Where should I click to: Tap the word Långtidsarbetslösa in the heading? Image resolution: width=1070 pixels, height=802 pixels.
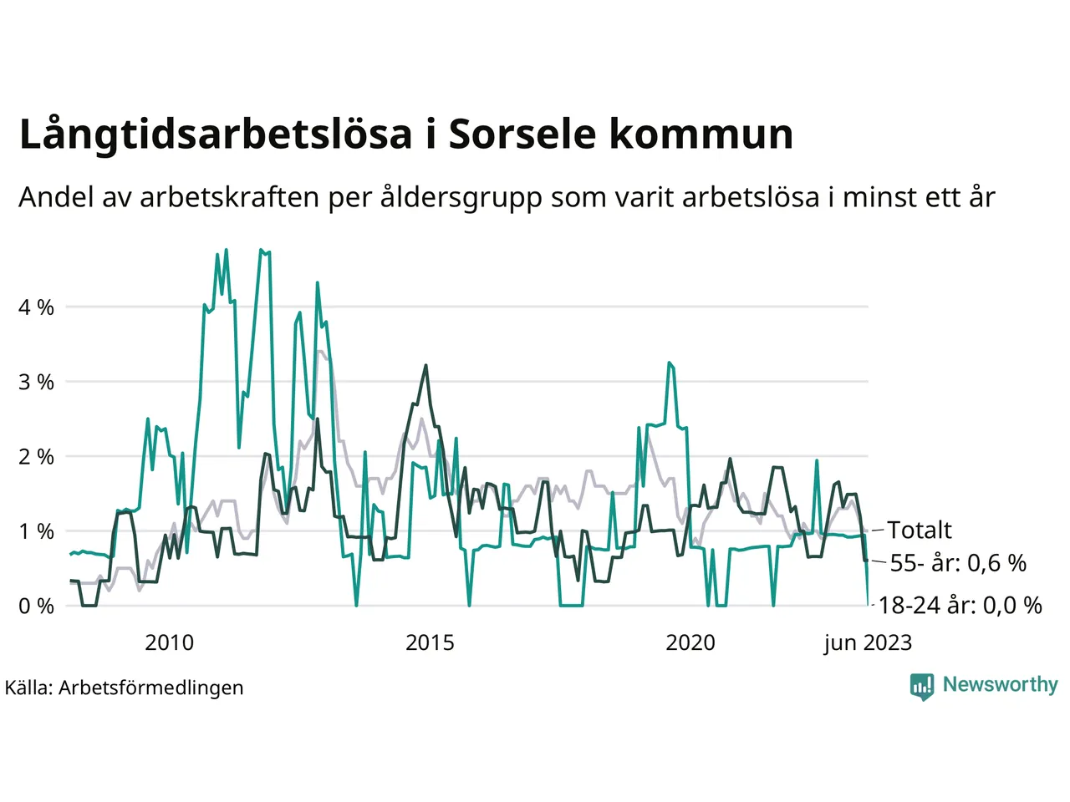pos(216,135)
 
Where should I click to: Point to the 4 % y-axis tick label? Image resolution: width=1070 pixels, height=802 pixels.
pos(36,307)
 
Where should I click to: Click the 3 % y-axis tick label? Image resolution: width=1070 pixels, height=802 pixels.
pos(36,382)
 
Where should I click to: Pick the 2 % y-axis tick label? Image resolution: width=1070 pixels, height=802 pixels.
pos(36,457)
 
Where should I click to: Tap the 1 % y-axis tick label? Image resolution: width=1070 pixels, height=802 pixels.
pos(36,531)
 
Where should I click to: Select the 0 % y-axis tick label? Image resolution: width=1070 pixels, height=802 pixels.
pos(36,606)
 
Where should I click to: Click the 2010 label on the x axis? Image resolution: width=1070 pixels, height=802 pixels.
pos(169,642)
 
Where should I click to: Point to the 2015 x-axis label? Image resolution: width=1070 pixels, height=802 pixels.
pos(430,642)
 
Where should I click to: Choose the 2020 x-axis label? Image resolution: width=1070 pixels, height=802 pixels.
pos(690,642)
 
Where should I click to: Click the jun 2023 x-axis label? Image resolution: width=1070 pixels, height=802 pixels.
pos(868,642)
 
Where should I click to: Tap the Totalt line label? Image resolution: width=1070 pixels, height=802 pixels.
pos(920,530)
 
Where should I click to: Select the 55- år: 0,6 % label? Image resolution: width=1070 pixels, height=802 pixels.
pos(958,563)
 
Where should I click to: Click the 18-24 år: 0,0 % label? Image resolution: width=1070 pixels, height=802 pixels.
pos(960,605)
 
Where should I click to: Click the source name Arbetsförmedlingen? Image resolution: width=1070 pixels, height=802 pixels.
pos(151,688)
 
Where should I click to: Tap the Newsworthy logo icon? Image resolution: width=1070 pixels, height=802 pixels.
pos(921,686)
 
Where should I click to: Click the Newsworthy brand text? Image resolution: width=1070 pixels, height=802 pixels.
pos(1000,684)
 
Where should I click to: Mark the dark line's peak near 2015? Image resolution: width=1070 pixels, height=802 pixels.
pos(426,365)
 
